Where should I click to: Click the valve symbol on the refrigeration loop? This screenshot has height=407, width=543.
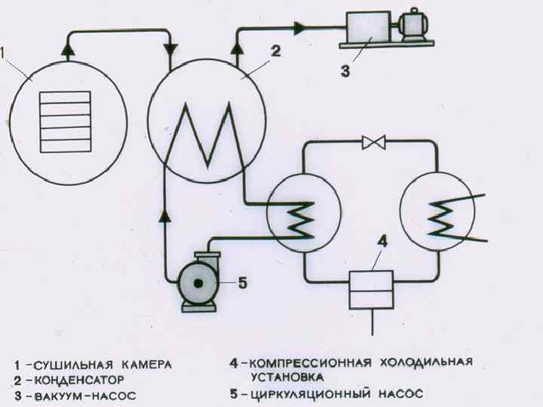[373, 142]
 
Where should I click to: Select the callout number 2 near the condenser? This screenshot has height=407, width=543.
[275, 52]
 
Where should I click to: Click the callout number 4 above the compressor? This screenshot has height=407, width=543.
[382, 242]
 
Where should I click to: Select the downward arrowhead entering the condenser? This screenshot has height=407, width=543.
[170, 48]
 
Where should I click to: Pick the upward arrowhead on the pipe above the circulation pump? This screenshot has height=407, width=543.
[164, 219]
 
